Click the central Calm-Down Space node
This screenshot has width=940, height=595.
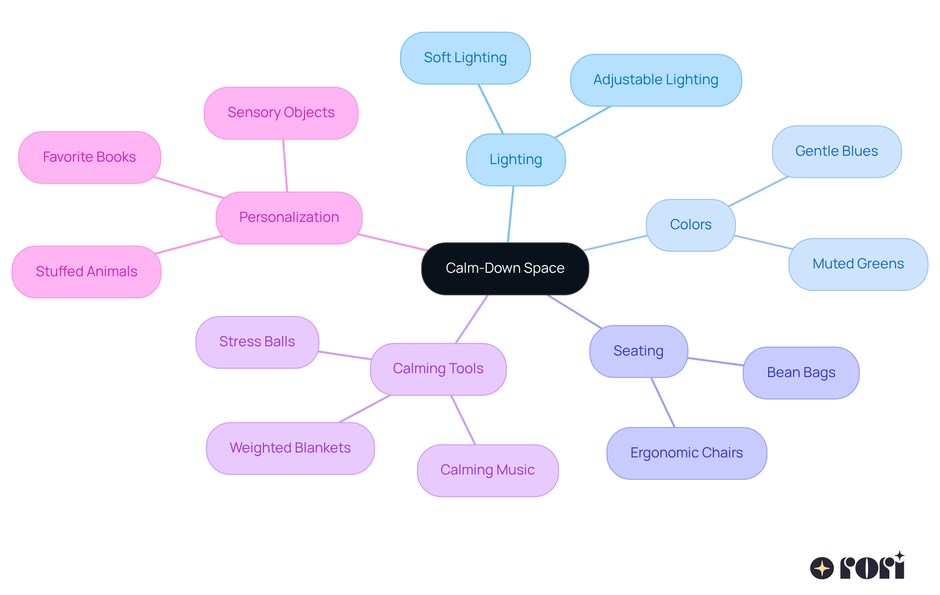tap(505, 268)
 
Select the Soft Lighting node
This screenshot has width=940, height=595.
tap(465, 58)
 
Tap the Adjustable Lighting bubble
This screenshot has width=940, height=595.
tap(656, 80)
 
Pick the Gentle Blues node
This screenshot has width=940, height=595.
tap(836, 151)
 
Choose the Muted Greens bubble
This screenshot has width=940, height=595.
tap(858, 264)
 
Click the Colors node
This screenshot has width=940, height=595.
tap(690, 225)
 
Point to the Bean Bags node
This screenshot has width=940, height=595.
tap(801, 373)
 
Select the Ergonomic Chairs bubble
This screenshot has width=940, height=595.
tap(686, 453)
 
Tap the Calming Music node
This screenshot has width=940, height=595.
tap(487, 470)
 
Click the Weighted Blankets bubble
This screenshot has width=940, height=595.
tap(290, 448)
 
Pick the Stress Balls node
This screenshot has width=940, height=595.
tap(257, 342)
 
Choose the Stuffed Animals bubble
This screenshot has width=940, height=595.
tap(86, 272)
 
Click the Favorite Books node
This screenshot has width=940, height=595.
tap(89, 157)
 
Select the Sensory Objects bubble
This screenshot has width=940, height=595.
tap(281, 113)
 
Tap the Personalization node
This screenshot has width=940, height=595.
tap(289, 217)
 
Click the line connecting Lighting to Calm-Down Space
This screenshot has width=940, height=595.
tap(511, 214)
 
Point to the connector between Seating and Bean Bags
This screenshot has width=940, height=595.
tap(715, 361)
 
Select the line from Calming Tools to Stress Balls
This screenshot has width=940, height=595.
tap(344, 355)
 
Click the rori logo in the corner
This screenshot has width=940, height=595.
tap(857, 567)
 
